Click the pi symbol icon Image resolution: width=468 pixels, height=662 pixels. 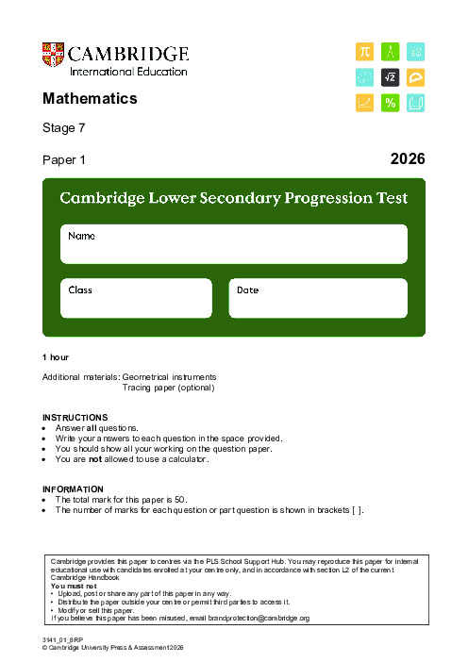(364, 51)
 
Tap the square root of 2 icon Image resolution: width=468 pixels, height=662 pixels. (390, 76)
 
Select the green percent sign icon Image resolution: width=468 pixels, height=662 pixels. (390, 103)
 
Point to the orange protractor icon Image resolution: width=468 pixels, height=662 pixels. (415, 76)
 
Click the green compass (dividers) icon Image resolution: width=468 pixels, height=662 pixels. (390, 51)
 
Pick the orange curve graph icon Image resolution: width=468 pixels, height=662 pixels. (364, 103)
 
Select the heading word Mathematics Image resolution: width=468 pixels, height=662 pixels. (90, 98)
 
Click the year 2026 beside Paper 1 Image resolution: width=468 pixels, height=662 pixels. (408, 159)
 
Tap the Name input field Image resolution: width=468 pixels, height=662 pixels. (234, 244)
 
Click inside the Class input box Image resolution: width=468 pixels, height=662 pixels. (137, 298)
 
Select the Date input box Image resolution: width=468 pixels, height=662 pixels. (317, 298)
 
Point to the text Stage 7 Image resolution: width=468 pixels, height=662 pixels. (63, 128)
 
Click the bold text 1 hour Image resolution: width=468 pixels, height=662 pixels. (56, 357)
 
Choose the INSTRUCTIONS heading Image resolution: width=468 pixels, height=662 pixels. (75, 418)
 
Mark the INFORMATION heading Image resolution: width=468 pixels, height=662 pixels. (73, 488)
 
